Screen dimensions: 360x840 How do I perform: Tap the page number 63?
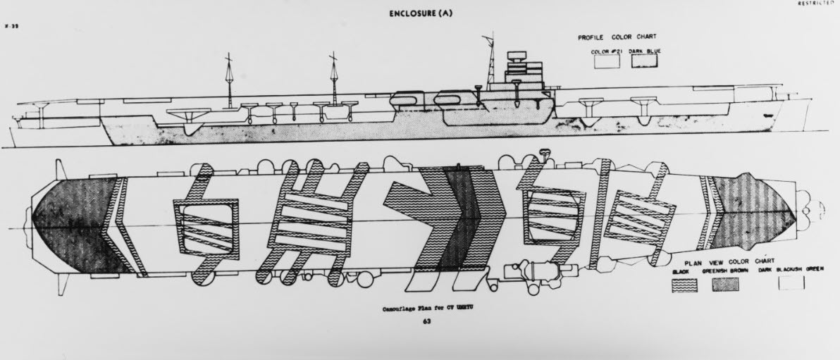pyautogui.click(x=427, y=322)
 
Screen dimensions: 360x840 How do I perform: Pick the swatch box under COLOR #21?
pyautogui.click(x=607, y=62)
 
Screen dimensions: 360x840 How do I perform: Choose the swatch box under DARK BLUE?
pyautogui.click(x=644, y=62)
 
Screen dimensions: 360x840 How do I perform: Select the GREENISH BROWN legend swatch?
pyautogui.click(x=726, y=284)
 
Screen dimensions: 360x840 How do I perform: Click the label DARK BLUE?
pyautogui.click(x=645, y=51)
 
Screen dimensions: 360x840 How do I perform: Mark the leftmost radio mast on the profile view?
pyautogui.click(x=229, y=81)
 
